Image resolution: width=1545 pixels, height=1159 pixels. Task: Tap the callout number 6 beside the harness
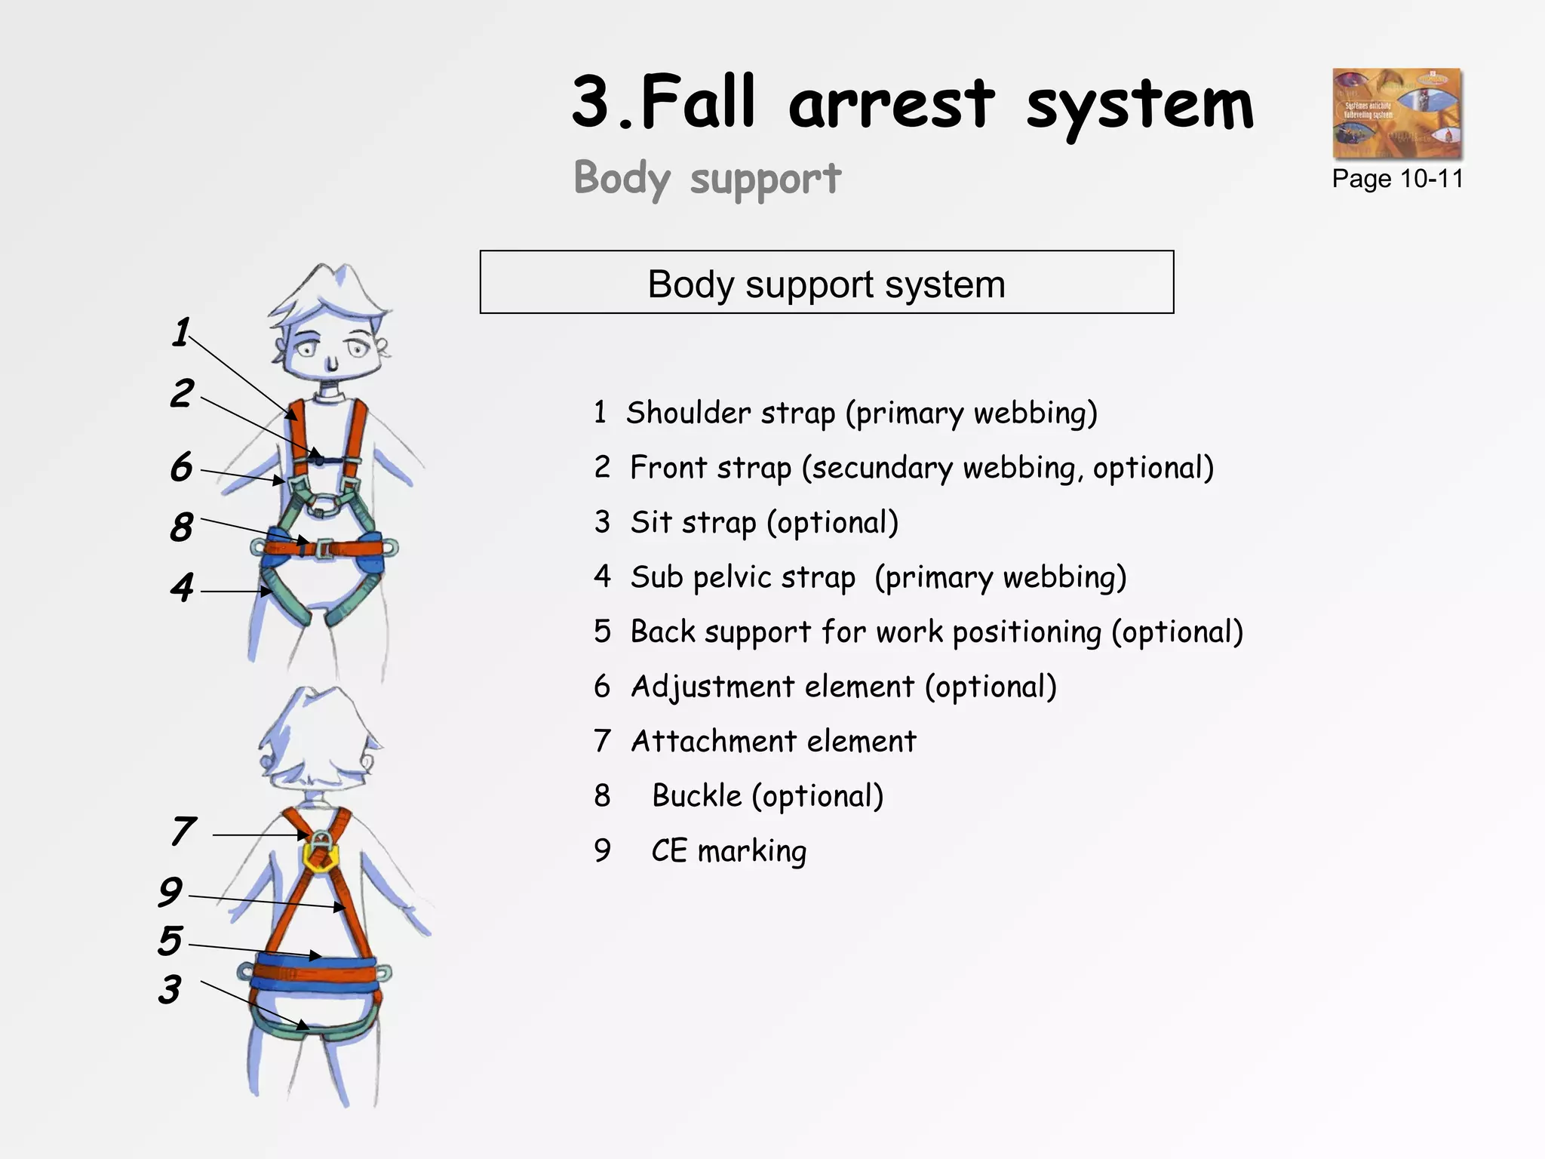click(181, 467)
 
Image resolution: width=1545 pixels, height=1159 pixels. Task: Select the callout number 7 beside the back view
click(183, 832)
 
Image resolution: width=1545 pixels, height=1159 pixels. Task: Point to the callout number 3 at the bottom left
click(170, 989)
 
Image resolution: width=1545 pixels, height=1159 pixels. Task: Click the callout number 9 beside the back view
click(170, 892)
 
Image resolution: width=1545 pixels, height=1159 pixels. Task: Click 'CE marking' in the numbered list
click(729, 851)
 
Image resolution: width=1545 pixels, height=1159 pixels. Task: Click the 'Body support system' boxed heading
click(826, 284)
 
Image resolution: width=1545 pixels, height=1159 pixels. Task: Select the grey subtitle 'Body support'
click(707, 179)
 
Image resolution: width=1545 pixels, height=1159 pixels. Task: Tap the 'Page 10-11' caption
click(1397, 179)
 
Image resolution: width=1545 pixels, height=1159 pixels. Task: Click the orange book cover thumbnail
click(1396, 113)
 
